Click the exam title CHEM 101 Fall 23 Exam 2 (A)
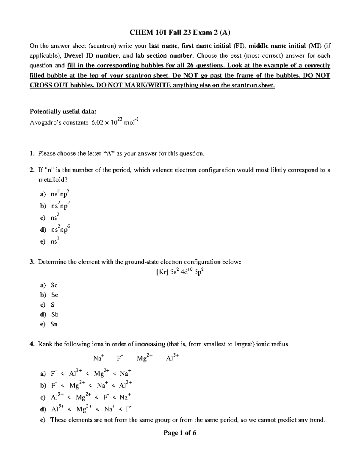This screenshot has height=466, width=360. click(x=180, y=32)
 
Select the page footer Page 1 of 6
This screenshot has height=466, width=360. click(x=180, y=433)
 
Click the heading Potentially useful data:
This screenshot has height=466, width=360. click(x=63, y=112)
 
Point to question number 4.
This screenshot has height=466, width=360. click(x=32, y=344)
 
